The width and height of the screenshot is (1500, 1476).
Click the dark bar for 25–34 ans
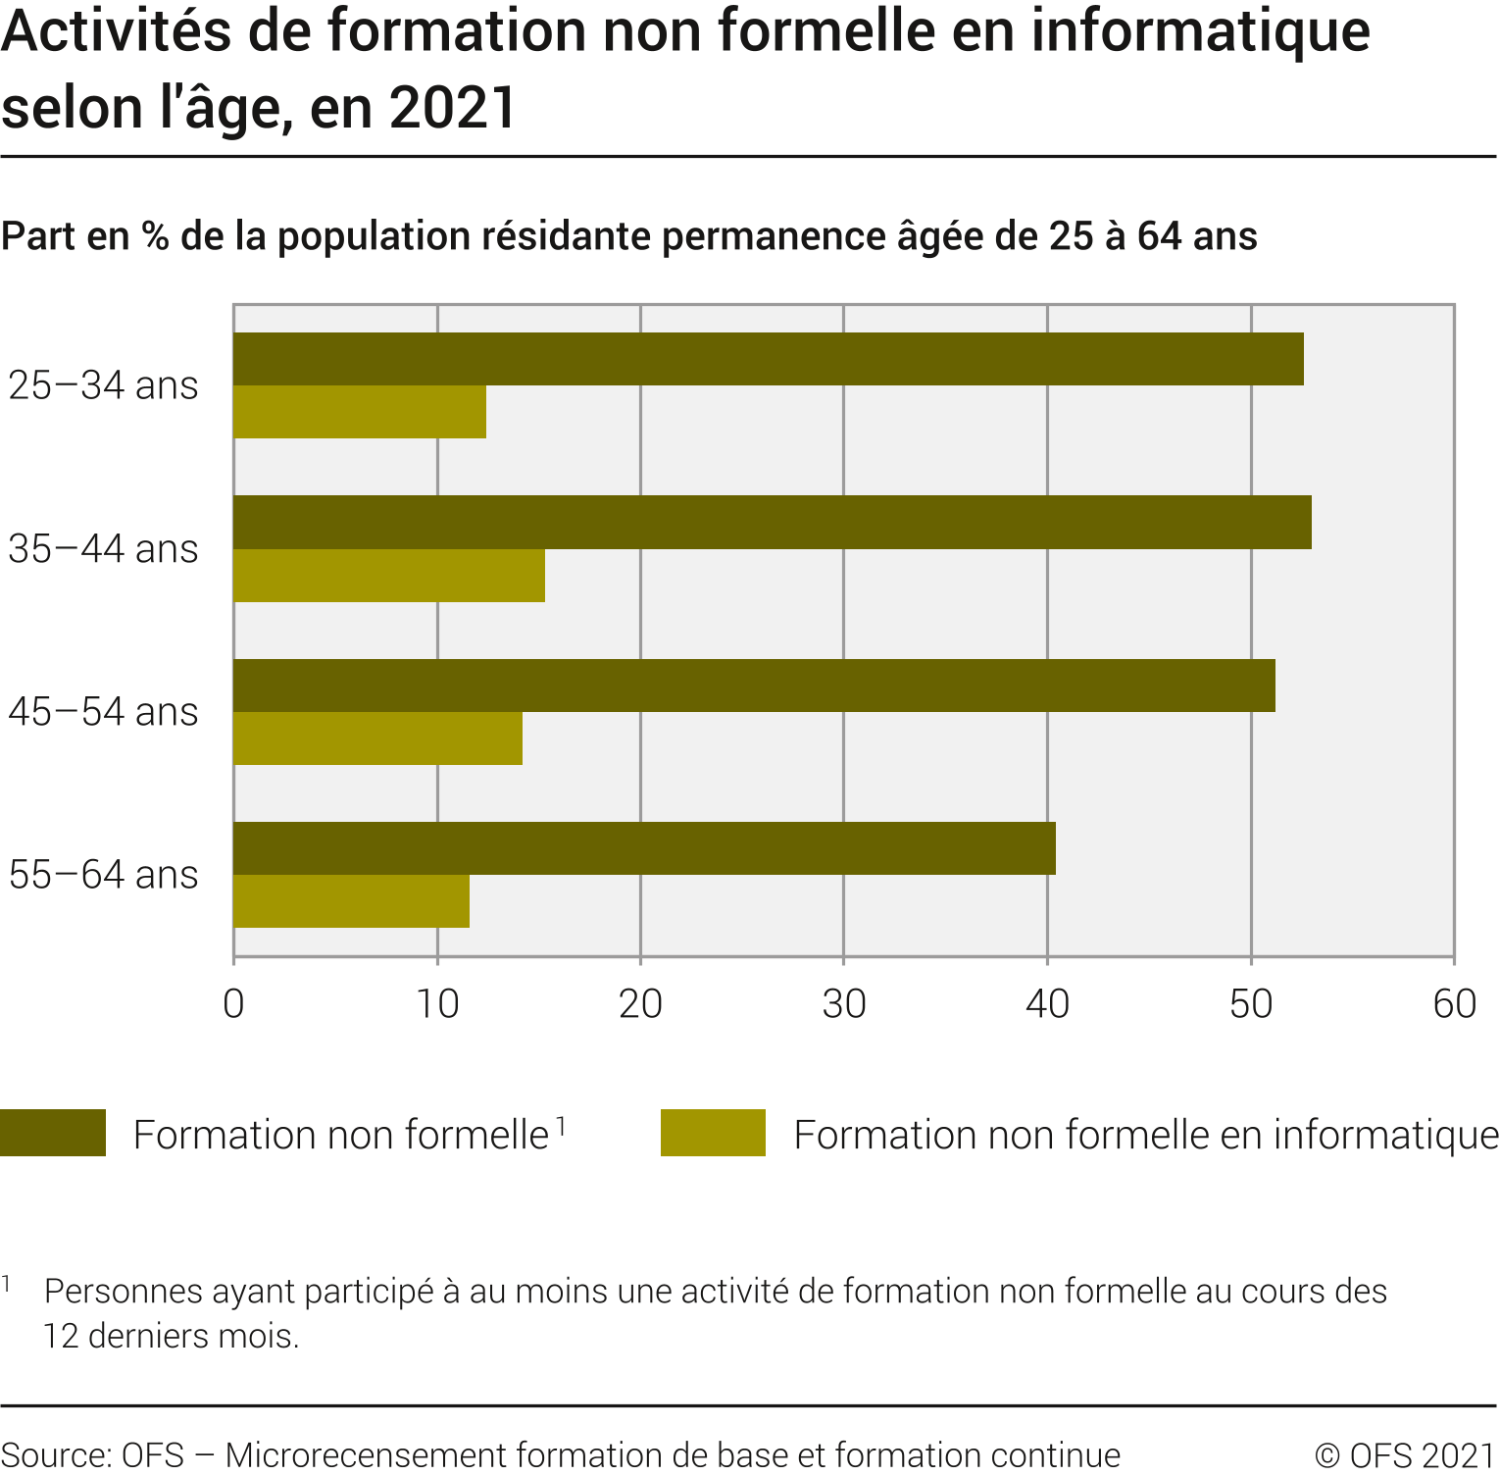click(769, 359)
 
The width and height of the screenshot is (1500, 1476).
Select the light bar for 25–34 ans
click(360, 412)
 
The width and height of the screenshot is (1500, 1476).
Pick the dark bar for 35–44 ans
click(773, 522)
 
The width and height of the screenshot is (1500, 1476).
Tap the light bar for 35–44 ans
click(389, 576)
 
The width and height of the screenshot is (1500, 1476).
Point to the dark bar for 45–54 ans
click(754, 686)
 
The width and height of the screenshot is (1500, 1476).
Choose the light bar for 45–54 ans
click(377, 738)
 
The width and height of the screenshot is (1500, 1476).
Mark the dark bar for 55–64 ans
click(644, 848)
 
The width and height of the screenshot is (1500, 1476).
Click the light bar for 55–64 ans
click(351, 901)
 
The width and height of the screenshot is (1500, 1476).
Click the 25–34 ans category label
click(103, 385)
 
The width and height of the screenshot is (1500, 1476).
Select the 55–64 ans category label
click(103, 875)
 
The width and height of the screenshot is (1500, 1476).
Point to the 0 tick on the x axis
click(233, 1004)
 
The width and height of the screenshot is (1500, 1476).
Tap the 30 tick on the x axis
click(844, 1004)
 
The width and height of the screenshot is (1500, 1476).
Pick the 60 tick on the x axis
click(1454, 1004)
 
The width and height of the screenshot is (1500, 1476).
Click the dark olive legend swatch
click(53, 1133)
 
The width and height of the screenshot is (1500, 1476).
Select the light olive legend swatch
click(713, 1133)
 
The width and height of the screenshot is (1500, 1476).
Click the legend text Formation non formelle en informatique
click(1145, 1135)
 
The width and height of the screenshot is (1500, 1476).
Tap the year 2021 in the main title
click(453, 108)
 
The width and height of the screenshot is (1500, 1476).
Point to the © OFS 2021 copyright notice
click(1404, 1454)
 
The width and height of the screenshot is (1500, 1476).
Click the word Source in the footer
click(56, 1454)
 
